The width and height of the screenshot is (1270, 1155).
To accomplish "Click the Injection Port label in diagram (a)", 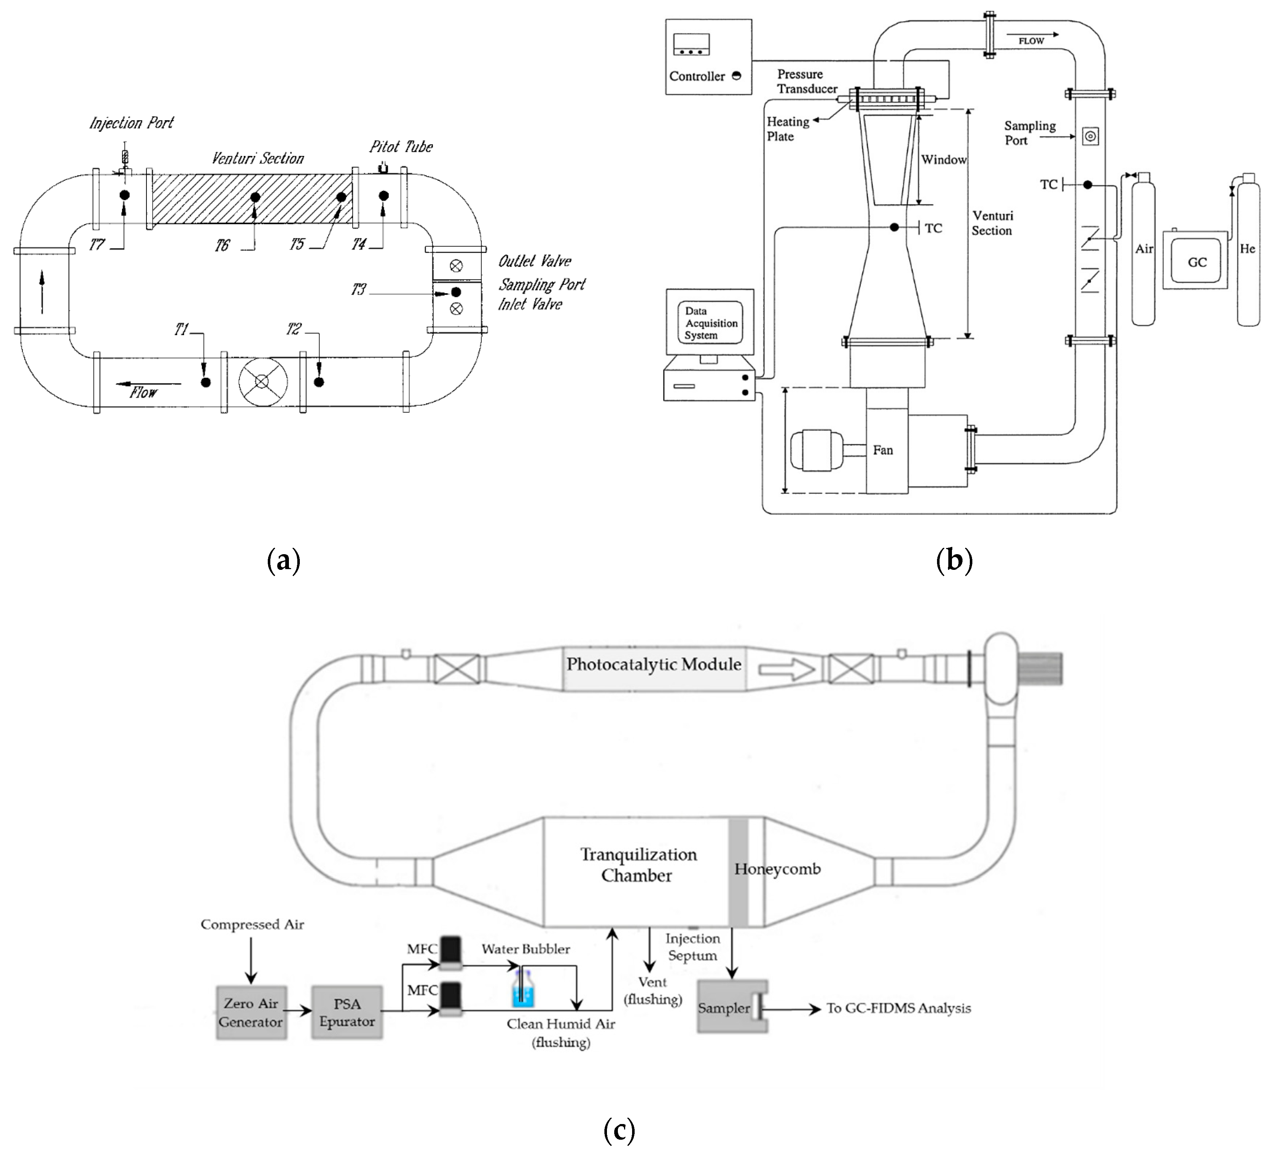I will click(x=131, y=123).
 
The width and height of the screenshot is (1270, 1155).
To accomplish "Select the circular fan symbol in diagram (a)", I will click(x=263, y=382).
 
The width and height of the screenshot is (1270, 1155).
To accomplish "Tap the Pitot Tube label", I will click(x=401, y=147).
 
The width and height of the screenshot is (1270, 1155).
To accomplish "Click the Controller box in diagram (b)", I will click(x=708, y=57).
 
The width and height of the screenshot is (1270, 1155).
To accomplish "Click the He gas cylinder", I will click(x=1247, y=252).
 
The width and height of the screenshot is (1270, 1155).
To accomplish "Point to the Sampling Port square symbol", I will click(x=1090, y=136).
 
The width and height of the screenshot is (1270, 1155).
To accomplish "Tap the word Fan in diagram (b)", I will click(x=883, y=450).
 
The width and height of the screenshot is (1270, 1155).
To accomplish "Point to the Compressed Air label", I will click(x=252, y=924).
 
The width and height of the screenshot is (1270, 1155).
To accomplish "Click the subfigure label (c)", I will click(x=619, y=1130).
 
